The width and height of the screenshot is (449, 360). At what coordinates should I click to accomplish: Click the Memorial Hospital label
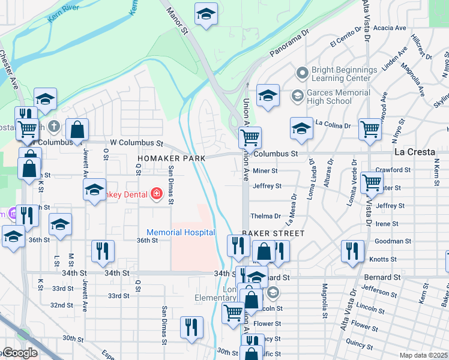tap(181, 232)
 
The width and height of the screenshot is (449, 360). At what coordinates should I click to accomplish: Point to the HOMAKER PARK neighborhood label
tap(171, 158)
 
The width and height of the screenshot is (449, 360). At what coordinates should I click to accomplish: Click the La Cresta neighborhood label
tap(415, 152)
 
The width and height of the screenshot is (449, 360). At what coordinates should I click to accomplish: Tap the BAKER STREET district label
tap(273, 232)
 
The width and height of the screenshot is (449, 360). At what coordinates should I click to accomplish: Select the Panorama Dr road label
tap(289, 44)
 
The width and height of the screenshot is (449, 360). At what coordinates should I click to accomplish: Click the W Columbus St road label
tap(137, 143)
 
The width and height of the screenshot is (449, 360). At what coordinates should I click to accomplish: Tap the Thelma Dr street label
tap(265, 216)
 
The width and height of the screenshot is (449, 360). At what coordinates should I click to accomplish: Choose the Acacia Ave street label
tap(390, 28)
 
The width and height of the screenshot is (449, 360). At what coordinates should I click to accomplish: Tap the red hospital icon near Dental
tap(157, 193)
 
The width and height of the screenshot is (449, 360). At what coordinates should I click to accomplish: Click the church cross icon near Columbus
tap(55, 126)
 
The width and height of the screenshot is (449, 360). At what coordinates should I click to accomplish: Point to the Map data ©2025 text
tap(423, 355)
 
